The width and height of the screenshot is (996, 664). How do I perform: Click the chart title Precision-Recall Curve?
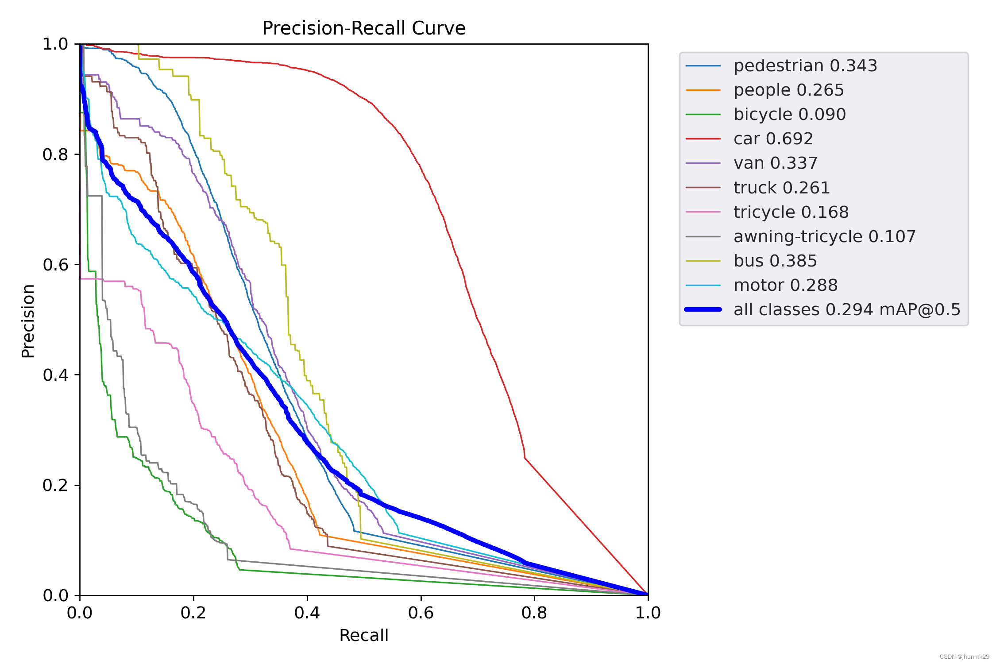tap(363, 28)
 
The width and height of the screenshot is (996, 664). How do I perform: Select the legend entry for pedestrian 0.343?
tap(805, 66)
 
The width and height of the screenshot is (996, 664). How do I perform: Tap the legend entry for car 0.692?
tap(773, 139)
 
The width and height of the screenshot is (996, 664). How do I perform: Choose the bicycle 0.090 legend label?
tap(789, 115)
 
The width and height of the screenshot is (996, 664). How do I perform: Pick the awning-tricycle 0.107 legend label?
tap(824, 237)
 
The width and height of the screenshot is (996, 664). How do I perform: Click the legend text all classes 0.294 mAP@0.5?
tap(846, 310)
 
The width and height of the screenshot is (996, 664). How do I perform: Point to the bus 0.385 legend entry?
tap(775, 261)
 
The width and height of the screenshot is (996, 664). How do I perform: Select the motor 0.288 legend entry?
tap(785, 286)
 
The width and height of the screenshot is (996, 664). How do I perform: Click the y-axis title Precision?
tap(28, 321)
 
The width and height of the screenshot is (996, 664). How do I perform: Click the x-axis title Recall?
tap(363, 635)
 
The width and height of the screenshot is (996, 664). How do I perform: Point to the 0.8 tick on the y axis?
tap(55, 154)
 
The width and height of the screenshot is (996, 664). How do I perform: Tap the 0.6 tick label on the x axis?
tap(421, 613)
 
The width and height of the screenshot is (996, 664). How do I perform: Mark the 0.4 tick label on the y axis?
tap(55, 375)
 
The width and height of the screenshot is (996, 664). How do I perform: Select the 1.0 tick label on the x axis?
tap(648, 613)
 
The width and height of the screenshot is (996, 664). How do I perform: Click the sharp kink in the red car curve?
tap(525, 458)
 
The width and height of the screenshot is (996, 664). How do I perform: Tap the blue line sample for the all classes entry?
tap(703, 310)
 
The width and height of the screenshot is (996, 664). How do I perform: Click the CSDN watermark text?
tap(964, 657)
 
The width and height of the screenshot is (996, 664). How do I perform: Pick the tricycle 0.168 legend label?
tap(791, 212)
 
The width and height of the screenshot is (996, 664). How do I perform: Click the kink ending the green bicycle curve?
tap(240, 570)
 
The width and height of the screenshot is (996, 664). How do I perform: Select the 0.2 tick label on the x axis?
tap(193, 613)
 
